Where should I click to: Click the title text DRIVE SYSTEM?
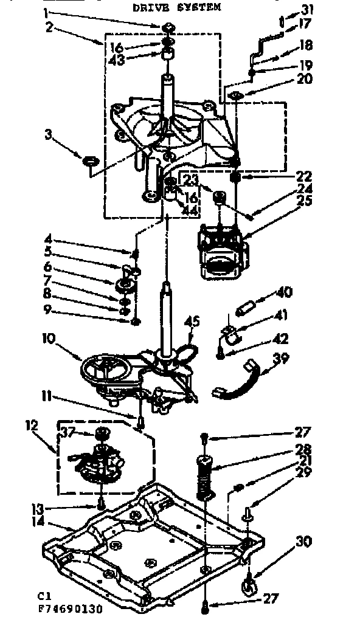point(177,7)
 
